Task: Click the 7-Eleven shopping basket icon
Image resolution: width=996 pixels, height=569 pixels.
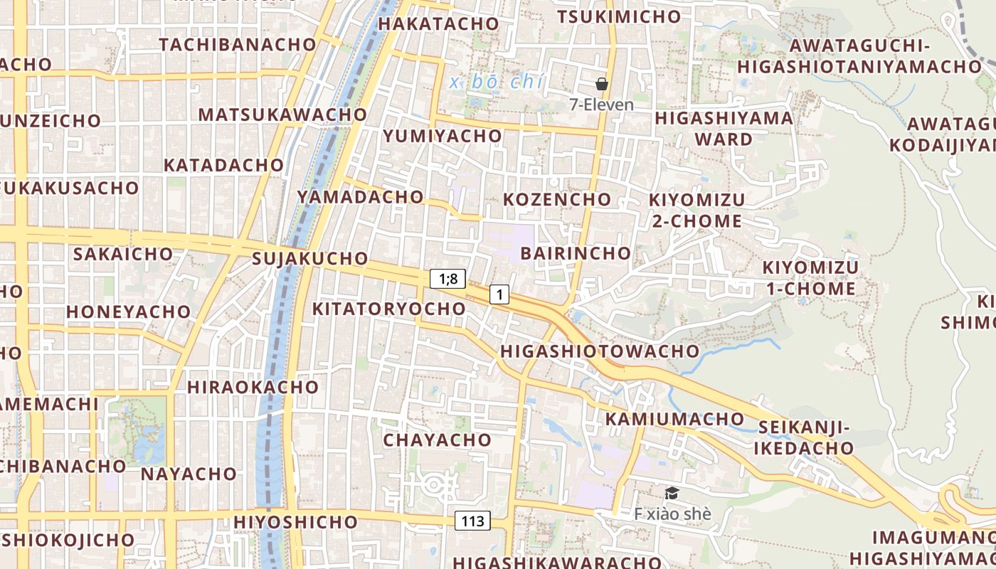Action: click(602, 84)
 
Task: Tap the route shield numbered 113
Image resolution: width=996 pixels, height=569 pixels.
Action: click(472, 521)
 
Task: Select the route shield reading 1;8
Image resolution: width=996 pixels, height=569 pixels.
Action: click(447, 279)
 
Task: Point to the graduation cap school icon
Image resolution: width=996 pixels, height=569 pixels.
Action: click(672, 493)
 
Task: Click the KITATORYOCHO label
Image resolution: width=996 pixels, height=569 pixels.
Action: click(388, 309)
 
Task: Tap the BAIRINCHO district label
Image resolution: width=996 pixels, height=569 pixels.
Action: click(576, 253)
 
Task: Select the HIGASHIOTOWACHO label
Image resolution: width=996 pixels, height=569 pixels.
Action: click(600, 351)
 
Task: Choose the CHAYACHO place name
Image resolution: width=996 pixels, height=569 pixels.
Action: click(438, 440)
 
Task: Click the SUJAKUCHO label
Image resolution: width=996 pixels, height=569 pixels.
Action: click(310, 258)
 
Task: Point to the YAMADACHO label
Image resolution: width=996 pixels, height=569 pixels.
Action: click(360, 196)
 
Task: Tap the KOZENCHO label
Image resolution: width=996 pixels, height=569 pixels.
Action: click(557, 199)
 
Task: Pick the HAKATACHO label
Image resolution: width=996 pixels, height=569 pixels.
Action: click(438, 23)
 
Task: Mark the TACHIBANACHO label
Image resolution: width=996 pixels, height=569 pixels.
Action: click(238, 44)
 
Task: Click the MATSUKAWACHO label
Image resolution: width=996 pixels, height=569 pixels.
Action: click(282, 115)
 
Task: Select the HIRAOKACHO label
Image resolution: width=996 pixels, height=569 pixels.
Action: click(253, 388)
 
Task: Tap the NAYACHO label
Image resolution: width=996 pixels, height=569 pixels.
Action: click(189, 474)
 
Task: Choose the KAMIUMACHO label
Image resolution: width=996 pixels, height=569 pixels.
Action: click(664, 419)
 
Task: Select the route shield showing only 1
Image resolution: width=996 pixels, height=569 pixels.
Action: click(499, 294)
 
